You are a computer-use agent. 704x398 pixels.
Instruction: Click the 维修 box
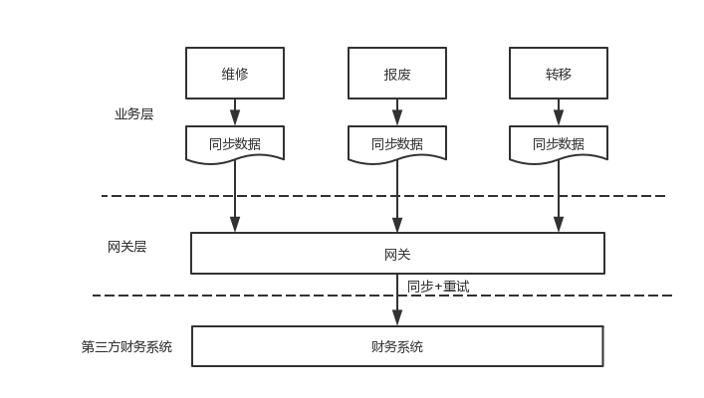pos(235,74)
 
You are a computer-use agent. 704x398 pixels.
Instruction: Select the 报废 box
pos(396,74)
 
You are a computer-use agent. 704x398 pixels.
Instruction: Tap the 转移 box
pos(559,74)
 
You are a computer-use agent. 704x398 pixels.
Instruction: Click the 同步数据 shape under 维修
pos(235,143)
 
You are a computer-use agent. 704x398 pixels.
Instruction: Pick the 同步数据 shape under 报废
pos(396,143)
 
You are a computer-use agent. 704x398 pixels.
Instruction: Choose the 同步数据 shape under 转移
pos(559,143)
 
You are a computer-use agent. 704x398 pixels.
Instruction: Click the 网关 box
pos(397,254)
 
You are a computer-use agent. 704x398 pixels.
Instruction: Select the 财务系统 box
pos(397,346)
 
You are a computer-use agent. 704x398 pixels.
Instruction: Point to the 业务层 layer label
pos(133,114)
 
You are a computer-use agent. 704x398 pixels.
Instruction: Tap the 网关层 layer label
pos(126,247)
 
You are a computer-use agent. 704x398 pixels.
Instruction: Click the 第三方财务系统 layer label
pos(126,347)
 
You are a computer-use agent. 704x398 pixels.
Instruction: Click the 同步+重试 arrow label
pos(438,287)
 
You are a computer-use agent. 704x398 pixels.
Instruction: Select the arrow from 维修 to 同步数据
pos(235,111)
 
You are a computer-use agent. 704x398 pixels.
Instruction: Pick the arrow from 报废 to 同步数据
pos(396,111)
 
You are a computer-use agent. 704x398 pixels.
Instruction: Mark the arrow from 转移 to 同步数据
pos(559,111)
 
